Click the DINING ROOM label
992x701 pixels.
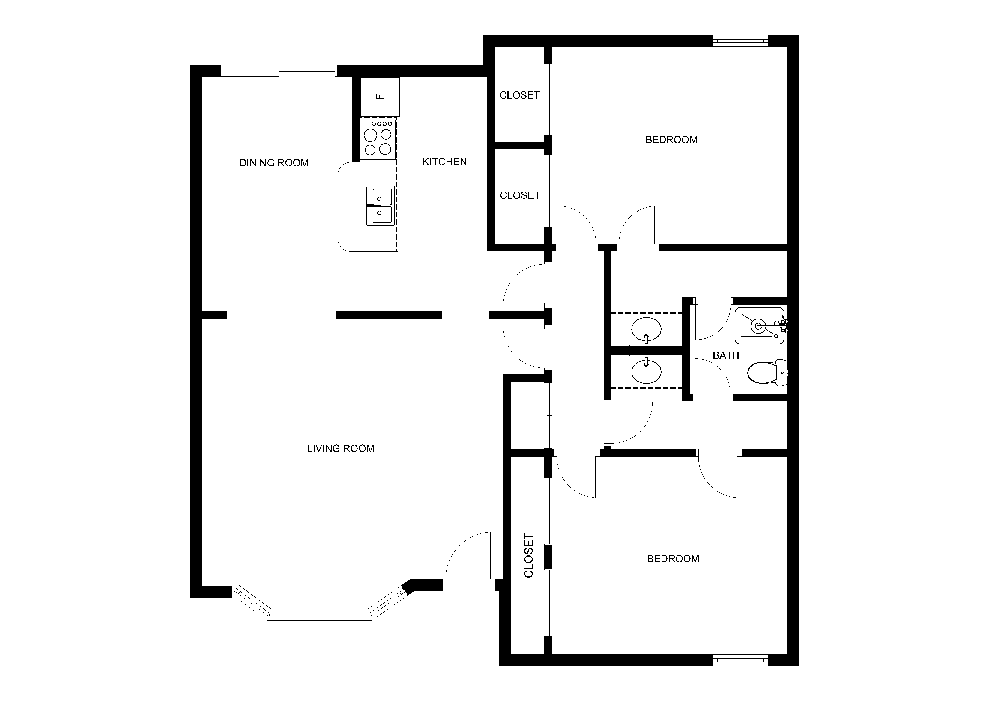(274, 163)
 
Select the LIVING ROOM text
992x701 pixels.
(340, 448)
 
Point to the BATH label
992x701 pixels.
(725, 355)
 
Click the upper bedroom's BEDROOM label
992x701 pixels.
(671, 139)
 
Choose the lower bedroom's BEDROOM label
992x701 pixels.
(673, 558)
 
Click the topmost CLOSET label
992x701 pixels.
(519, 95)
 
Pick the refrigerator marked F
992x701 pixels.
(380, 97)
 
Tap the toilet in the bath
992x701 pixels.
(767, 372)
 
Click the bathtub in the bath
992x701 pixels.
(759, 326)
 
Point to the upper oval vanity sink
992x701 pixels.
(646, 329)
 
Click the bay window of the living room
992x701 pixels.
(321, 609)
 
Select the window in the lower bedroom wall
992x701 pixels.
(740, 660)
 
